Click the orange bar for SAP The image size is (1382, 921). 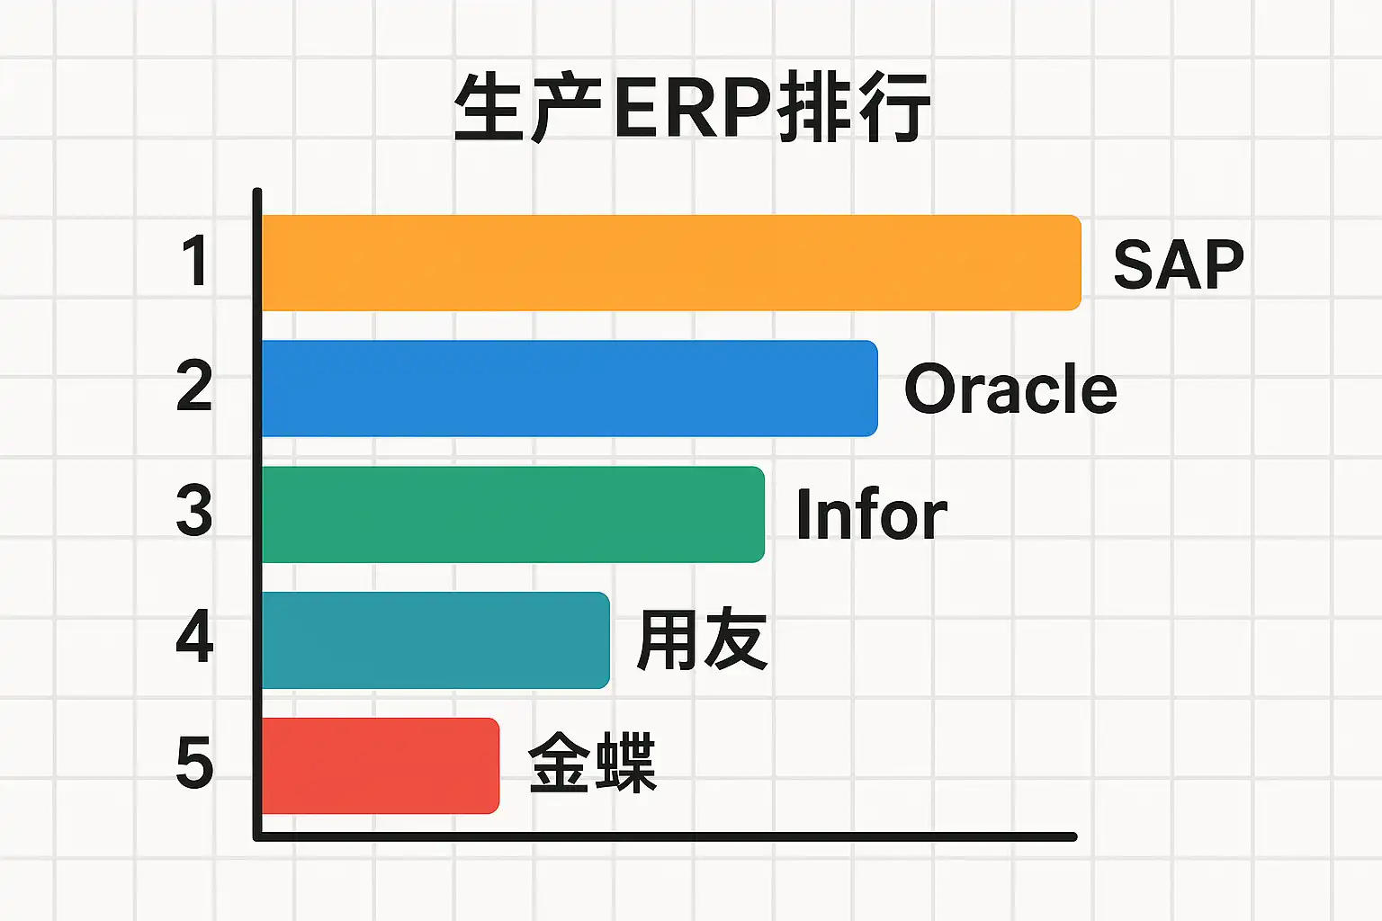671,263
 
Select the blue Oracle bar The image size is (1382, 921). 570,389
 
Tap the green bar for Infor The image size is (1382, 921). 514,514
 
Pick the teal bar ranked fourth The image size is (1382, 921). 435,640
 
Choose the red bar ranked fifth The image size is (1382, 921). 381,766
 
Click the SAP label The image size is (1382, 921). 1179,264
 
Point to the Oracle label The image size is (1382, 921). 1010,389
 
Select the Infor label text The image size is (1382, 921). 871,514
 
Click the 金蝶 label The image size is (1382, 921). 593,763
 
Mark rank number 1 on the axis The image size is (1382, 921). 196,260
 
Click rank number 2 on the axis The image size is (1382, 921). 193,386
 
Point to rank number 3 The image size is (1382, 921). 193,511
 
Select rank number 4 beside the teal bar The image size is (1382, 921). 194,636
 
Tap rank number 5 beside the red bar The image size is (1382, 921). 194,763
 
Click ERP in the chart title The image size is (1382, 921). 692,109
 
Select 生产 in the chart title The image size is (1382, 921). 528,108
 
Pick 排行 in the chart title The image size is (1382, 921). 854,108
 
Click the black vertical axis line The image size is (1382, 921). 257,514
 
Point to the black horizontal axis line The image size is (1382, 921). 665,836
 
